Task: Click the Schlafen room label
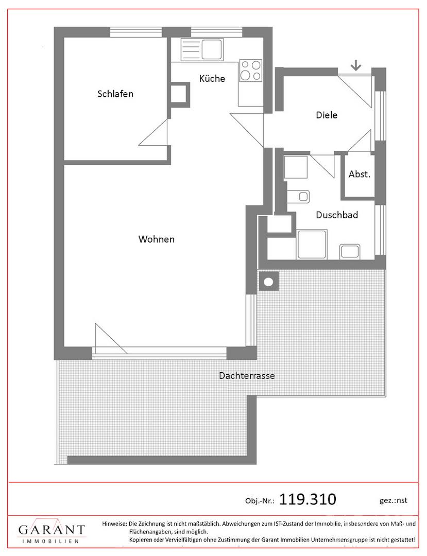tap(115, 94)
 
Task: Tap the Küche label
tap(212, 79)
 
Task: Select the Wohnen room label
tap(157, 239)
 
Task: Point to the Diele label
tap(327, 115)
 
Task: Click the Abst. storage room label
tap(359, 174)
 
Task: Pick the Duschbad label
tap(337, 215)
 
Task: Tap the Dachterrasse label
tap(247, 375)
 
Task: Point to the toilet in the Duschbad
tap(301, 196)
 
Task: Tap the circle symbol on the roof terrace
tap(268, 282)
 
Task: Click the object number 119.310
tap(307, 499)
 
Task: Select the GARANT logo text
tap(52, 530)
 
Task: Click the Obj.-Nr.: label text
tap(260, 500)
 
